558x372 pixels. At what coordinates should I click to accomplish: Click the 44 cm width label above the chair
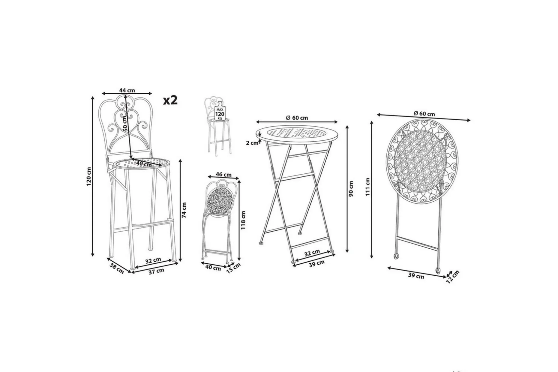point(127,90)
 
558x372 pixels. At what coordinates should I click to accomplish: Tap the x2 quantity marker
point(170,100)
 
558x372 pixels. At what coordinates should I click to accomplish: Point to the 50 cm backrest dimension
point(126,123)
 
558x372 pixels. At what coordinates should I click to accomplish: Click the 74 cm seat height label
point(184,210)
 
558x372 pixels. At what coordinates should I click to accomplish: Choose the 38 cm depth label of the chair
point(116,268)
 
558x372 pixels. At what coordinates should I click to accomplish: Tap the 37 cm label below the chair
point(156,271)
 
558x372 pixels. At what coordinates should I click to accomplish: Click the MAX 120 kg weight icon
point(220,111)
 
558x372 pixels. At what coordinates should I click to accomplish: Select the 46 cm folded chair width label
point(223,175)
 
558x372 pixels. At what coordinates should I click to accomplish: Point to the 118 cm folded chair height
point(243,220)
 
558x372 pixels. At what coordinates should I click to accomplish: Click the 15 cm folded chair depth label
point(233,268)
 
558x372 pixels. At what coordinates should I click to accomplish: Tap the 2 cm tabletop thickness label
point(252,143)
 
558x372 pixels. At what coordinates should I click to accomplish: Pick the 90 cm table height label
point(351,189)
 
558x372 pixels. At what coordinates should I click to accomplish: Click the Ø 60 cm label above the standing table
point(297,118)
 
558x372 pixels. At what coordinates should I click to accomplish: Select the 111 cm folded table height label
point(367,187)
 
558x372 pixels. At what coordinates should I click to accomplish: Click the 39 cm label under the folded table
point(416,276)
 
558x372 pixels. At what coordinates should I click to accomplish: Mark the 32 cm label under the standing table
point(312,253)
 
